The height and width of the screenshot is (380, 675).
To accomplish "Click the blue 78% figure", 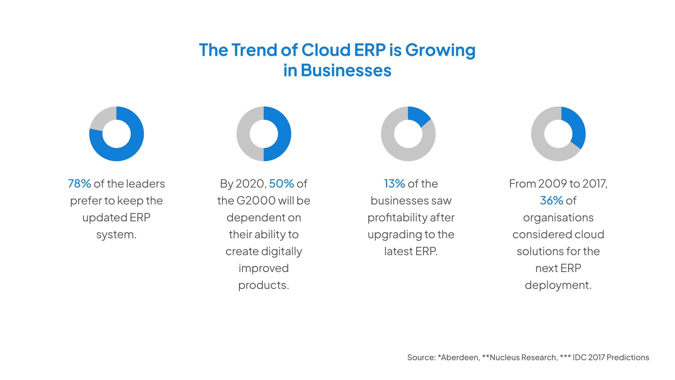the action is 80,184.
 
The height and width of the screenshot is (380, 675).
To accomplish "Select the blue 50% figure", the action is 281,184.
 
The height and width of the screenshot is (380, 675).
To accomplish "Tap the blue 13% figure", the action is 394,184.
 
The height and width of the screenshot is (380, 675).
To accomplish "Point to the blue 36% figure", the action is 551,201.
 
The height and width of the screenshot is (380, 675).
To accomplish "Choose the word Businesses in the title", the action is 346,70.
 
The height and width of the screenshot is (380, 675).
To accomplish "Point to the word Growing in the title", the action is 440,50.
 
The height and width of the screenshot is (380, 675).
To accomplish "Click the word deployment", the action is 558,285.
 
